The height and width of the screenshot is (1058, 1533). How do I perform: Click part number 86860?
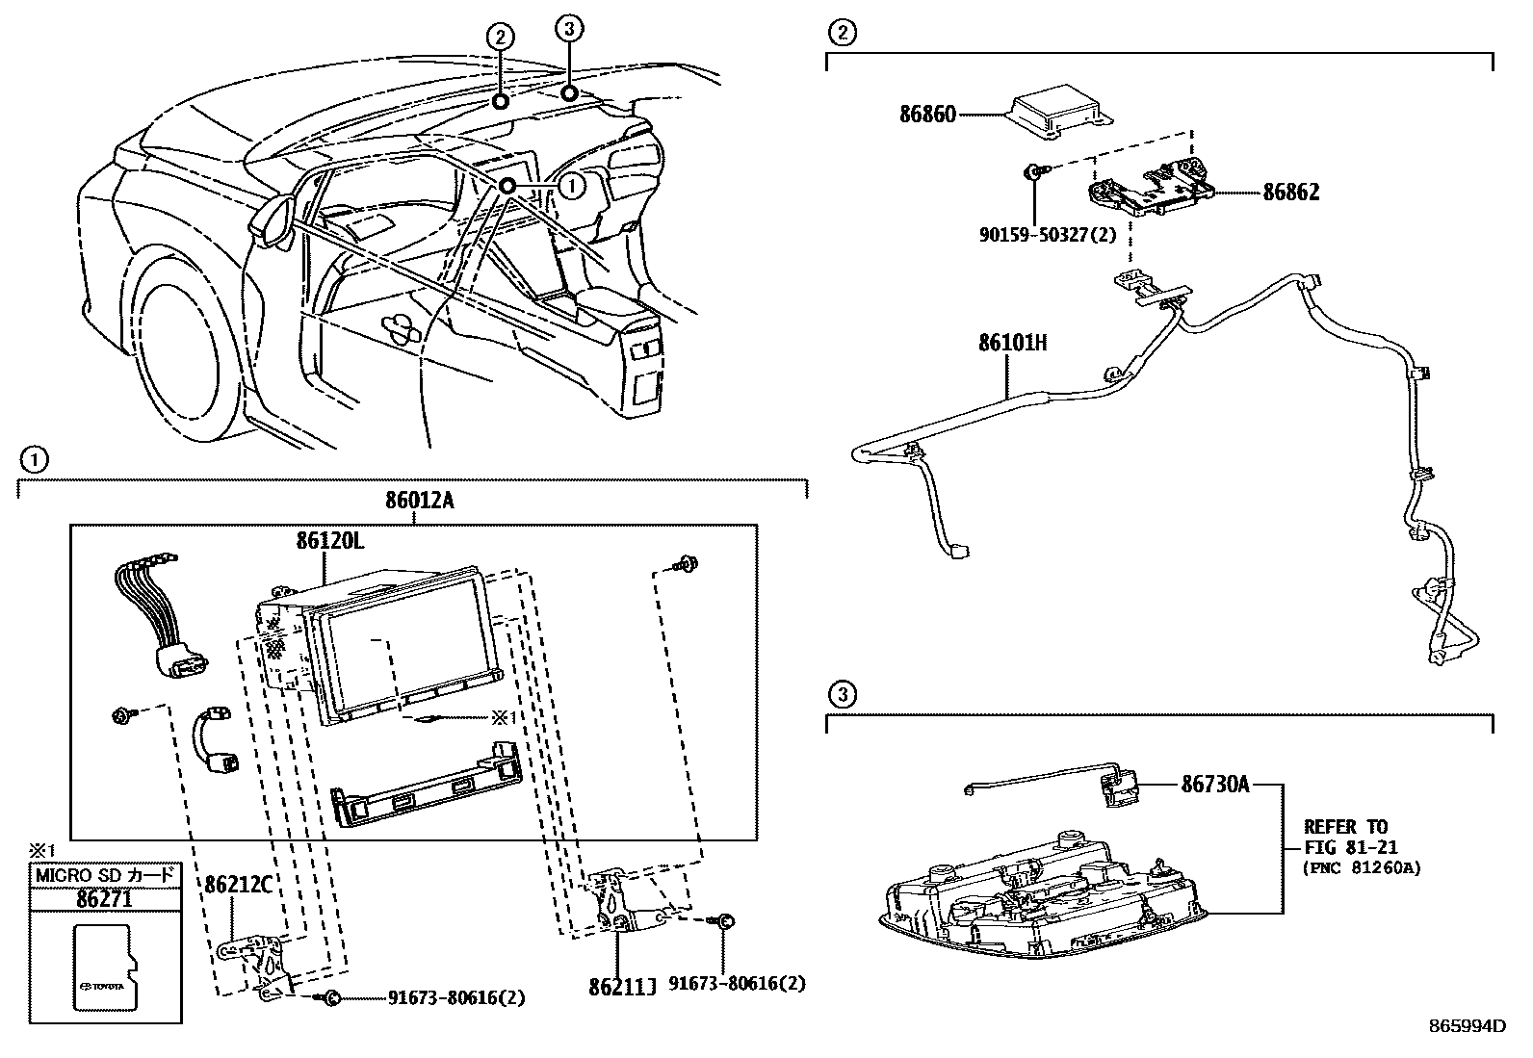pyautogui.click(x=927, y=115)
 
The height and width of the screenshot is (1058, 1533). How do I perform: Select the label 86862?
pyautogui.click(x=1290, y=193)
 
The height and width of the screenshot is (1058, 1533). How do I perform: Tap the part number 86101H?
pyautogui.click(x=1012, y=342)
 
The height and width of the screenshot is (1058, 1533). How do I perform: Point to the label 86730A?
pyautogui.click(x=1214, y=785)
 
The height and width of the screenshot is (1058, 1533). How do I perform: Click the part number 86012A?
pyautogui.click(x=419, y=500)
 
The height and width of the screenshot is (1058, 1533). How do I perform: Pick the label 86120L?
pyautogui.click(x=329, y=542)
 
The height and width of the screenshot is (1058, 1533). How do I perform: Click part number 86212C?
pyautogui.click(x=238, y=885)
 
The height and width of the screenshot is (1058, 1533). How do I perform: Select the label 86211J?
pyautogui.click(x=622, y=987)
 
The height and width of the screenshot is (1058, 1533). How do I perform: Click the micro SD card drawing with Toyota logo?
pyautogui.click(x=103, y=967)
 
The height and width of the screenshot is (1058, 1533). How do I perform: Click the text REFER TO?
pyautogui.click(x=1345, y=827)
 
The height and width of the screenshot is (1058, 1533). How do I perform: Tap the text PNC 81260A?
pyautogui.click(x=1362, y=867)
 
